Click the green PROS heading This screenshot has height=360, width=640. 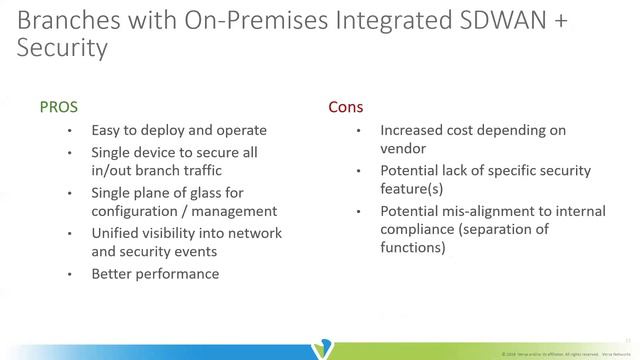coord(58,105)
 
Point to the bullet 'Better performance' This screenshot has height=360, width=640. coord(154,273)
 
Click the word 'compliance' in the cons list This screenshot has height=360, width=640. coord(416,230)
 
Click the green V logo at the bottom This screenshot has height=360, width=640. coord(321,349)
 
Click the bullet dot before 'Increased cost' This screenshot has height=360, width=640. coord(357,131)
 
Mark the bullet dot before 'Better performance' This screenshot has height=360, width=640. coord(69,274)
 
